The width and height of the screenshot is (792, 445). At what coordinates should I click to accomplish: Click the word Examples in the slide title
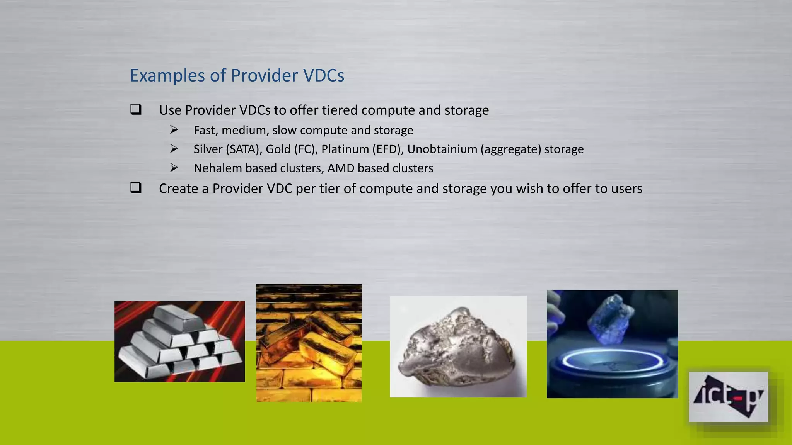(x=167, y=76)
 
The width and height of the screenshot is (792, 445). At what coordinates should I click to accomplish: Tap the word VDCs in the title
(x=324, y=75)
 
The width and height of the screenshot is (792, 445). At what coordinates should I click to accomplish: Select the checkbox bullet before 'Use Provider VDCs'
(x=136, y=109)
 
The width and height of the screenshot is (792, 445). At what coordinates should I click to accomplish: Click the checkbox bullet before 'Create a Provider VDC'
(x=136, y=188)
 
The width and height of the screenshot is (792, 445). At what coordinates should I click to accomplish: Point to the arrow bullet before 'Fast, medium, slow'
(x=174, y=130)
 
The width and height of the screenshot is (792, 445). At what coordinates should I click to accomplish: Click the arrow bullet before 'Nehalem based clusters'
(x=174, y=168)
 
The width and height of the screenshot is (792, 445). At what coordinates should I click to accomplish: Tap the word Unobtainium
(x=442, y=149)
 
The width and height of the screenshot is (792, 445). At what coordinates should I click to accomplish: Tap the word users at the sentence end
(x=626, y=189)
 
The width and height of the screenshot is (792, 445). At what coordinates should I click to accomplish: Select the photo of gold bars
(x=309, y=343)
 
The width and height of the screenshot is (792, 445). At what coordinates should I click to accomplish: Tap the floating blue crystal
(x=610, y=319)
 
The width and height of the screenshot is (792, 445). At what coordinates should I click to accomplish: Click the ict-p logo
(x=728, y=397)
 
